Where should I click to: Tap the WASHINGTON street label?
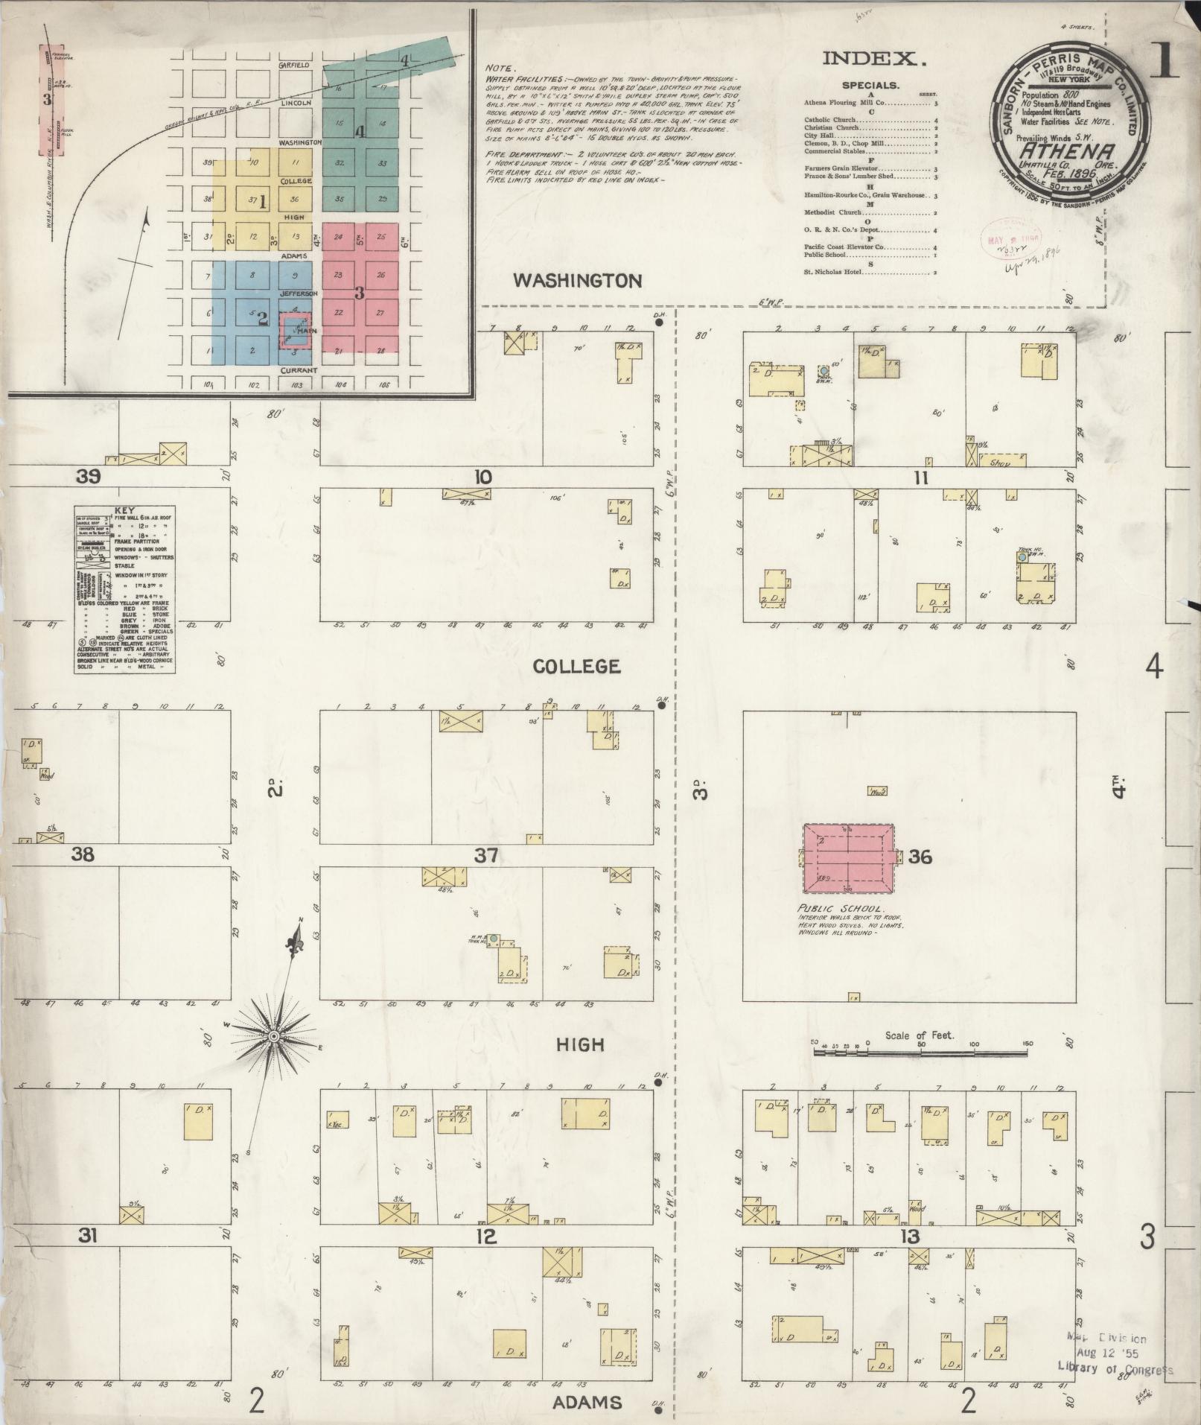(578, 281)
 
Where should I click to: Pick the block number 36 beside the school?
(920, 857)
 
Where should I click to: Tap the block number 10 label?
(484, 477)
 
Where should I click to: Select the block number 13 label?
(910, 1238)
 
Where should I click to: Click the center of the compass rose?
(274, 1036)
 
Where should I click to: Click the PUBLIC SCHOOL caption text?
(839, 910)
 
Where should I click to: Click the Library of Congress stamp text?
(1115, 1370)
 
